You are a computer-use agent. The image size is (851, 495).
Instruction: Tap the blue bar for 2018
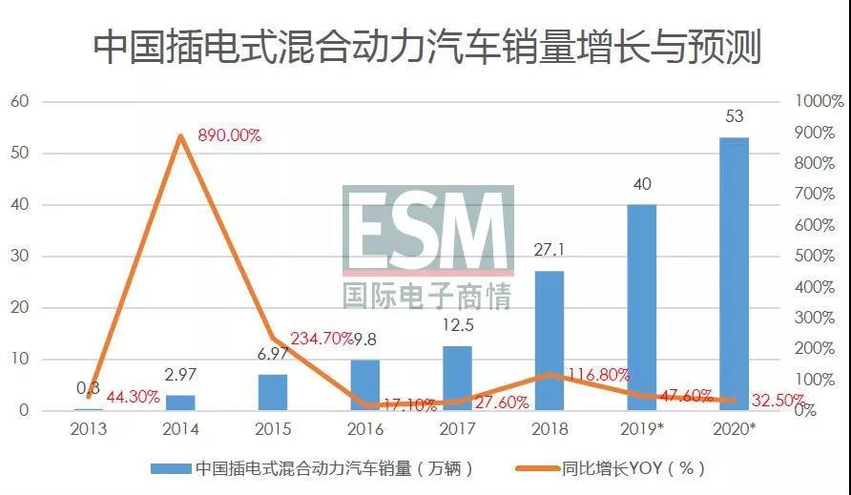coord(550,340)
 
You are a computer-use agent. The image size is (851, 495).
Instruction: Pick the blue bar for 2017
coord(457,379)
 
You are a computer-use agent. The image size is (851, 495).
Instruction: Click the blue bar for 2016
coord(365,385)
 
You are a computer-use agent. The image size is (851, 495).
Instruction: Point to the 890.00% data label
coord(229,135)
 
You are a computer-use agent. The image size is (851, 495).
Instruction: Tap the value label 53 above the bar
coord(734,116)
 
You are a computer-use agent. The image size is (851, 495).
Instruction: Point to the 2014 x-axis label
coord(180,429)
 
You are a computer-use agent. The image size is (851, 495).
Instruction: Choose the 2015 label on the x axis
coord(273,429)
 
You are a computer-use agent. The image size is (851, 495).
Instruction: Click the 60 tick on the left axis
coord(20,101)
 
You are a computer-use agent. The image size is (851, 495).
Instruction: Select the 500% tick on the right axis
coord(817,257)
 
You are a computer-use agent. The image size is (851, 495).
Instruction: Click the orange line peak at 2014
coord(180,136)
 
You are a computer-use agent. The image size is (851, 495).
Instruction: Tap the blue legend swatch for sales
coord(171,468)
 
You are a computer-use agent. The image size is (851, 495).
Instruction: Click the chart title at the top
coord(425,46)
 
